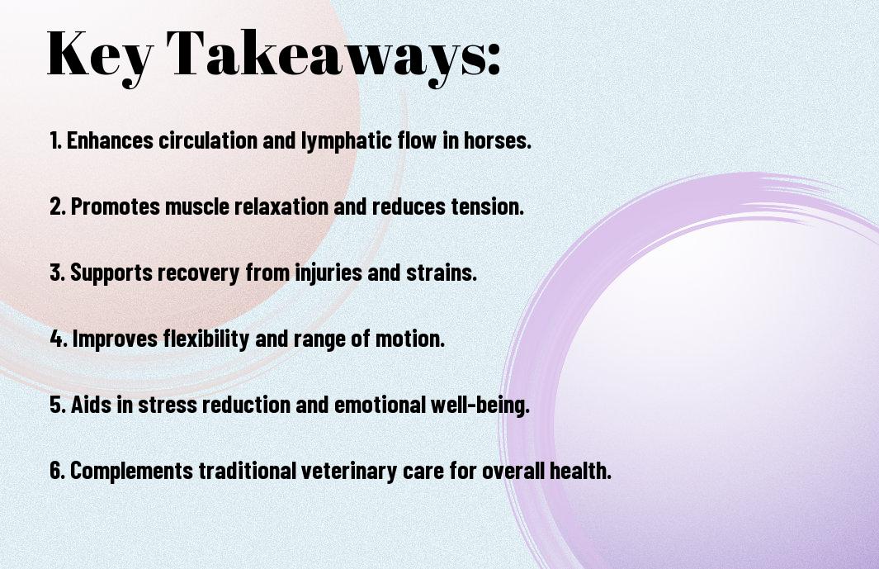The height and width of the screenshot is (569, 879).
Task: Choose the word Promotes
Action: click(116, 206)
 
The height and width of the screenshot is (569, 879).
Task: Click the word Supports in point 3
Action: click(111, 273)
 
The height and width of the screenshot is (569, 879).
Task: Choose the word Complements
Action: click(132, 470)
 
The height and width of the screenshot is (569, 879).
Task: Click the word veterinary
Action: click(349, 470)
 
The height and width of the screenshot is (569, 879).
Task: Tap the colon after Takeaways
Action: click(493, 59)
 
